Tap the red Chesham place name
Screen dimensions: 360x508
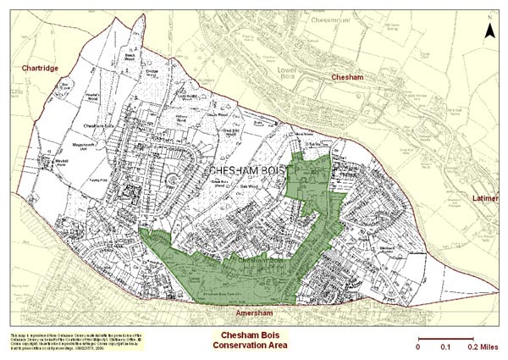(346, 77)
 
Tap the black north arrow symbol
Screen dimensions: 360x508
(489, 32)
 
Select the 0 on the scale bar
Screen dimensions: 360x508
(417, 346)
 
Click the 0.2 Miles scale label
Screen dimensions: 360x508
(480, 346)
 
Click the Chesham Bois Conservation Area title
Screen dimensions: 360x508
(248, 340)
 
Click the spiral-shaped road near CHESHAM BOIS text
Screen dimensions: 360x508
(172, 178)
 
